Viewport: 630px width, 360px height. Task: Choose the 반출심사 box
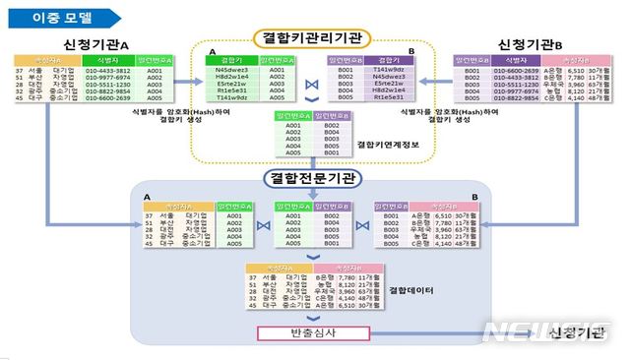pos(313,334)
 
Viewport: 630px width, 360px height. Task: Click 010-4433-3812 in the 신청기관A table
pos(107,72)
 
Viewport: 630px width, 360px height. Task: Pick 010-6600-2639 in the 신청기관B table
pos(516,72)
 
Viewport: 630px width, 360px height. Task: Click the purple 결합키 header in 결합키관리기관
pos(388,61)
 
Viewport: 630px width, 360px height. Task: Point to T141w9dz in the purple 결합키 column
pos(388,72)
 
